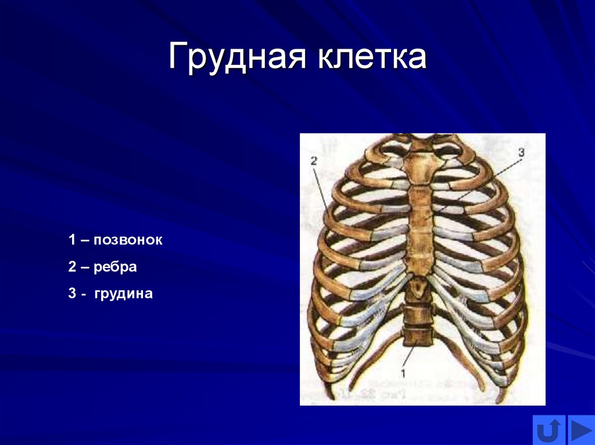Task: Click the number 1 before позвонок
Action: [x=72, y=240]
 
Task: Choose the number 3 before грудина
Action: [x=72, y=294]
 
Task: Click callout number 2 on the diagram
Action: [x=313, y=162]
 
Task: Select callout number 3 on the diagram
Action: [x=521, y=152]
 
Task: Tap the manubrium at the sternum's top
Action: [x=422, y=165]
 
